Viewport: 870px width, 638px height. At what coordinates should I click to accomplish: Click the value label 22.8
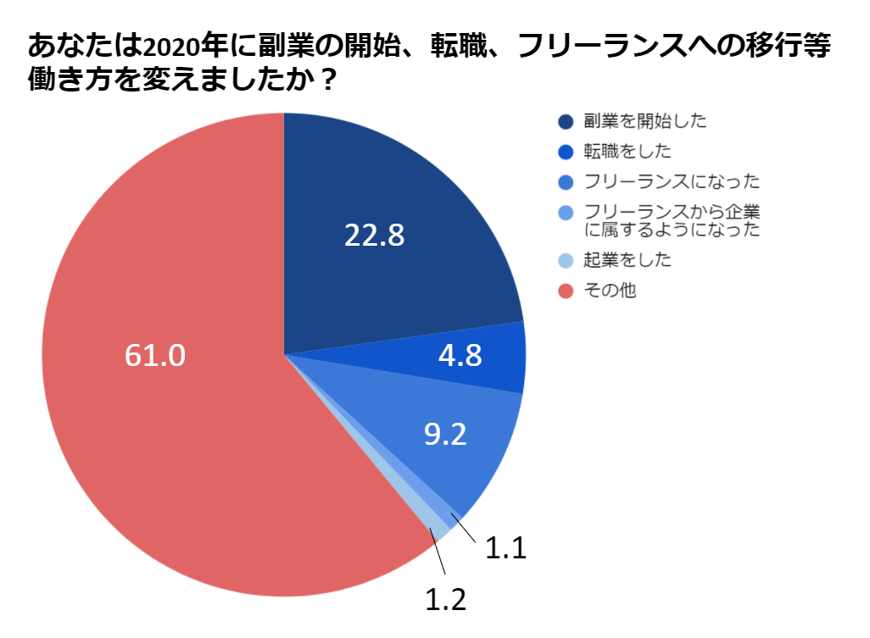[374, 236]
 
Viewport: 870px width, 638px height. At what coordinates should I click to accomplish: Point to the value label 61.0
[154, 356]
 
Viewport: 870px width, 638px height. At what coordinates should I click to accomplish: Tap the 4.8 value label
[460, 356]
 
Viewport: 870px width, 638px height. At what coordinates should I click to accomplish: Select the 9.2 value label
[445, 434]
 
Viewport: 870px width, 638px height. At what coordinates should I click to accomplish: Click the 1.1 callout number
[505, 549]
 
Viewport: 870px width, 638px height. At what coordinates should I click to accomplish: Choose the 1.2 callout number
[445, 599]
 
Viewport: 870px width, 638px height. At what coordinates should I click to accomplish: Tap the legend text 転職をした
[627, 152]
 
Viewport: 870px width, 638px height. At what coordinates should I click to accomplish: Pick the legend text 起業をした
[627, 260]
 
